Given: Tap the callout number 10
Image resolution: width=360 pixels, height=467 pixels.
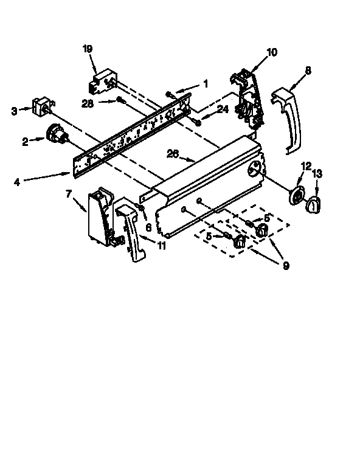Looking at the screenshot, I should point(271,52).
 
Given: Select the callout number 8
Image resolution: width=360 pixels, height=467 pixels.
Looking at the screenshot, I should point(308,71).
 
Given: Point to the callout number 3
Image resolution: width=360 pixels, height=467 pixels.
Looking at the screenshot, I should point(14,110).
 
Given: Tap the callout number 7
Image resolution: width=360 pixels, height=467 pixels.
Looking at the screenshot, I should point(68,193).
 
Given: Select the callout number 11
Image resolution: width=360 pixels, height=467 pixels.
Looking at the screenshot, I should point(162,246).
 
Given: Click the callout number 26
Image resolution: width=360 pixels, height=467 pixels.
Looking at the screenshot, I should point(173,154).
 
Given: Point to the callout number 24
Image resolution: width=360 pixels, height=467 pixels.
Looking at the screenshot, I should point(223,110).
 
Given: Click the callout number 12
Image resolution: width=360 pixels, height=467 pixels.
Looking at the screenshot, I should point(306,165).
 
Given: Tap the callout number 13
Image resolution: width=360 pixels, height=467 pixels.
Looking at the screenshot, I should point(317,173).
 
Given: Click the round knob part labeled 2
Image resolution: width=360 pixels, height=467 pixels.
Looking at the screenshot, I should point(55,133).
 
